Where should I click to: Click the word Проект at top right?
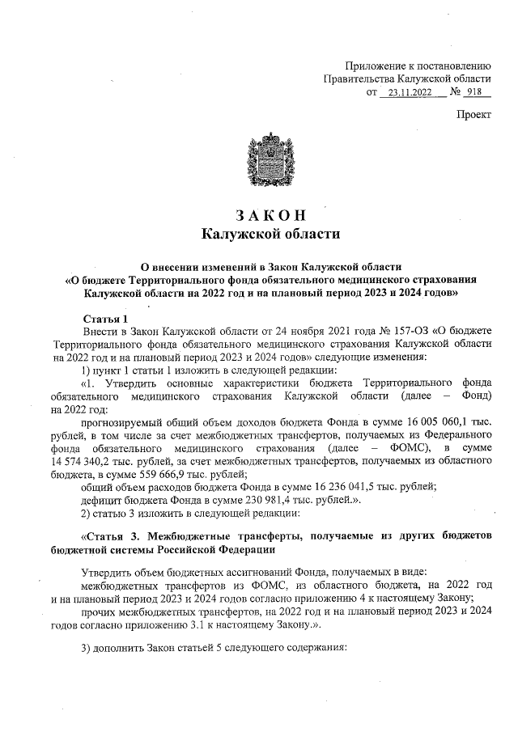click(473, 115)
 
